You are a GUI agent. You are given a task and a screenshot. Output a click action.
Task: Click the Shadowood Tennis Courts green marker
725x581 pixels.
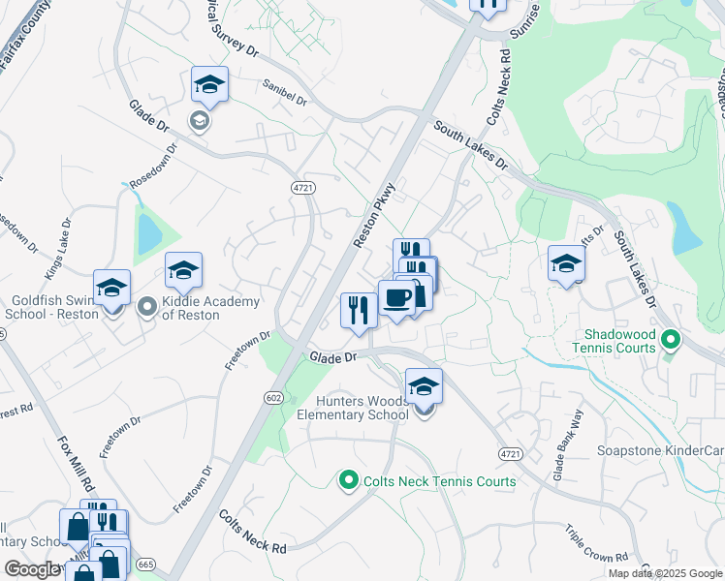pos(670,340)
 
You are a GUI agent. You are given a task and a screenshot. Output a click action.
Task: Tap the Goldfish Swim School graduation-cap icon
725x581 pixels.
pos(112,288)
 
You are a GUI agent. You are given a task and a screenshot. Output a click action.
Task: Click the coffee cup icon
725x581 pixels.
pos(395,298)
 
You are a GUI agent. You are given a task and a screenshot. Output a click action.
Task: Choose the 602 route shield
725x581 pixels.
pos(275,397)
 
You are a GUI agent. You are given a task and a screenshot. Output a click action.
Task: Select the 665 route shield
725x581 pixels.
pos(146,565)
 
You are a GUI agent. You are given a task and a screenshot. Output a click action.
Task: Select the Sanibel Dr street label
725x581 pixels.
pos(284,92)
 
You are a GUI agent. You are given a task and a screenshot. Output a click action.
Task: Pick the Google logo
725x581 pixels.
pos(33,569)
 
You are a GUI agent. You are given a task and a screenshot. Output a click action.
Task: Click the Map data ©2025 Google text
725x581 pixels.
pos(665,573)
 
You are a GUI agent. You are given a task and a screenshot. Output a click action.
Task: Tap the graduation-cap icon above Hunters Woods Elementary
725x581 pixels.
pos(424,387)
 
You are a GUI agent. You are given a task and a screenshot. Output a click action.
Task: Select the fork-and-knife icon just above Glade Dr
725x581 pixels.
pos(359,310)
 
